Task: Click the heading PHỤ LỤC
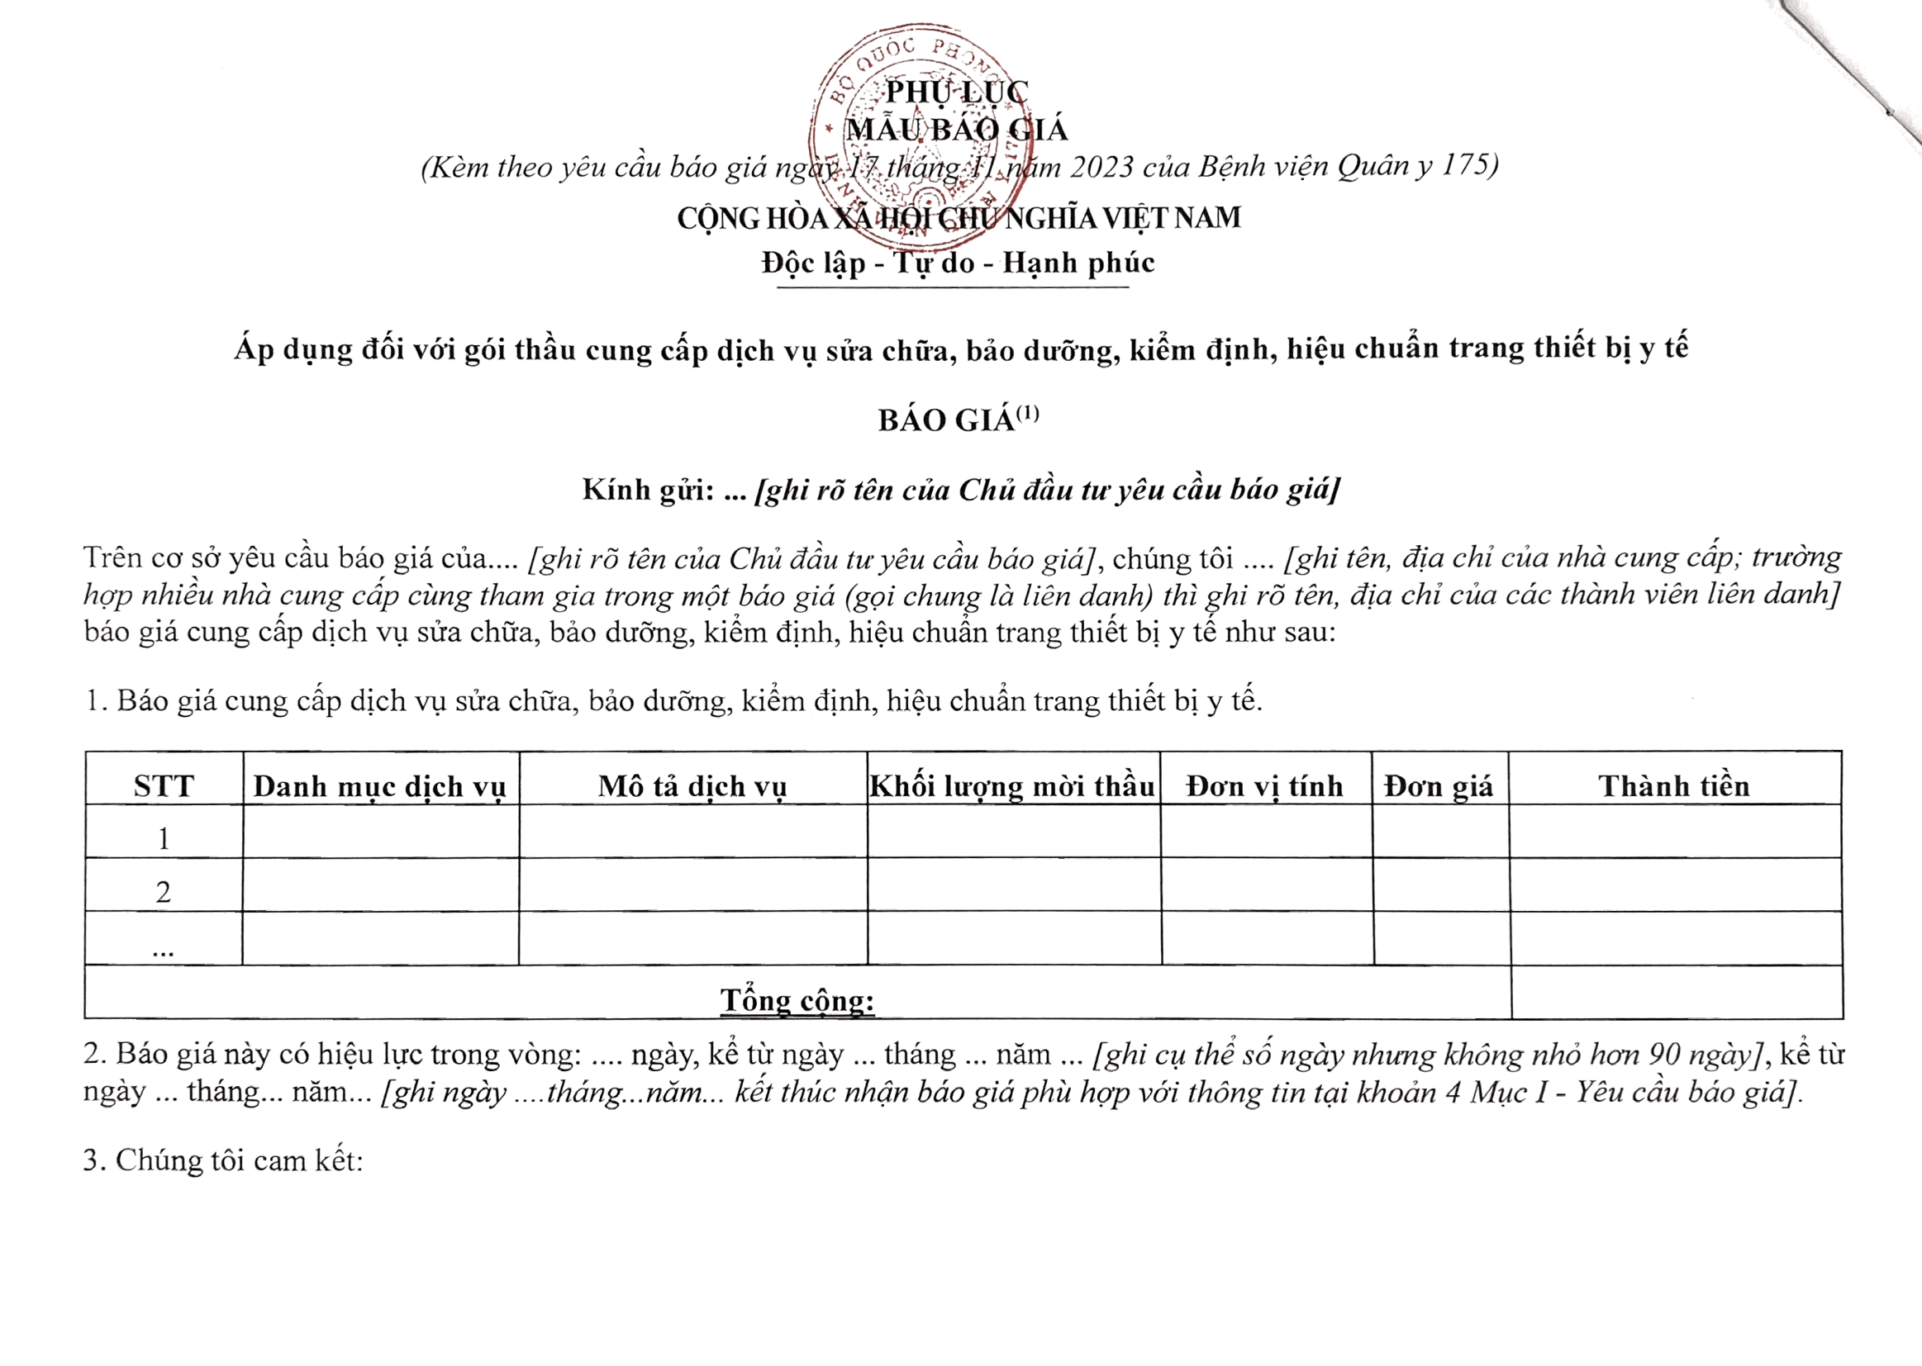point(956,92)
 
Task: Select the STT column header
point(164,785)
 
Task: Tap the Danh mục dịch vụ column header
point(380,785)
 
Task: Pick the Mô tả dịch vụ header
point(692,785)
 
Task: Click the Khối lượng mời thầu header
point(1012,785)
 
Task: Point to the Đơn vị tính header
point(1265,785)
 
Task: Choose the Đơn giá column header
point(1439,785)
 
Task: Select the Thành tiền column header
point(1675,785)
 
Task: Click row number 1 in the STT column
point(164,838)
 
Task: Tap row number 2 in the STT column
point(164,892)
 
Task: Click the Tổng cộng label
point(797,999)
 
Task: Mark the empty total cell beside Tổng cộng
point(1677,993)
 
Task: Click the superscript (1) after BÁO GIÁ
point(1027,414)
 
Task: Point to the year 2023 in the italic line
point(1101,167)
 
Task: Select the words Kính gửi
point(648,490)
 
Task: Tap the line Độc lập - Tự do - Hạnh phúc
point(958,263)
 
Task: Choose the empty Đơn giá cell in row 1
point(1439,831)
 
